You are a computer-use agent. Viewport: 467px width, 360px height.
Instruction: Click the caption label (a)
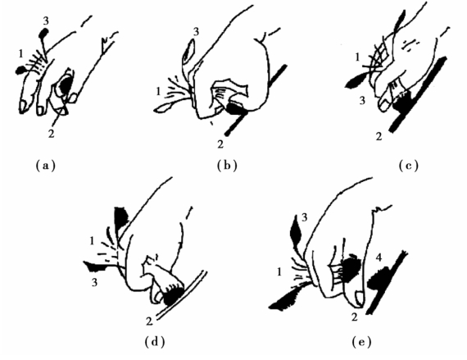click(x=45, y=165)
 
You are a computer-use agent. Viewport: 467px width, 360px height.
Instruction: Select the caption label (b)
click(x=227, y=165)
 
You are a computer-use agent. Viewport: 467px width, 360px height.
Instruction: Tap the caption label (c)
click(x=408, y=165)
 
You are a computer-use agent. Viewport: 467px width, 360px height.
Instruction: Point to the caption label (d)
click(x=155, y=341)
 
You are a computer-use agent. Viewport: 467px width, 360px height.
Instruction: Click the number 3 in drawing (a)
click(x=46, y=21)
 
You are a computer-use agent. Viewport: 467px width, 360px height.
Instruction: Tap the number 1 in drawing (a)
click(x=20, y=53)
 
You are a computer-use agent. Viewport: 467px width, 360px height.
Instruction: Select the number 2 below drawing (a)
click(x=52, y=134)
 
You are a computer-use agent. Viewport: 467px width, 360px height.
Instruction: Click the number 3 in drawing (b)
click(x=196, y=32)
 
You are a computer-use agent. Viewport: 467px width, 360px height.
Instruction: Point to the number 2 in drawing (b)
click(x=220, y=144)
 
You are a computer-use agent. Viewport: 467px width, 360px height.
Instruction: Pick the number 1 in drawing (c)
click(x=357, y=57)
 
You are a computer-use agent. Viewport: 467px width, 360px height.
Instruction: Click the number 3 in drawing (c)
click(x=362, y=101)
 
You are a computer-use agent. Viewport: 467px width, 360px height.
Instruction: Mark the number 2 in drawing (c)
click(x=379, y=136)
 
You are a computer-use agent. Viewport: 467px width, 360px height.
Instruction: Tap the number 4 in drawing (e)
click(x=379, y=257)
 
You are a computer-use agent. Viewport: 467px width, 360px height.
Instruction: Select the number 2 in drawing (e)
click(x=354, y=317)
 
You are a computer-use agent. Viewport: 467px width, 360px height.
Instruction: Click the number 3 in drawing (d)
click(x=94, y=282)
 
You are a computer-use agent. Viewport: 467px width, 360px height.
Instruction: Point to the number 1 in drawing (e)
click(x=279, y=271)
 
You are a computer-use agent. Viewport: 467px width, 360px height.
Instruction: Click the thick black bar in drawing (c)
click(x=418, y=94)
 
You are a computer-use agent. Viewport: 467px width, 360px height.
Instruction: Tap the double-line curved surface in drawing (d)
click(x=182, y=295)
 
